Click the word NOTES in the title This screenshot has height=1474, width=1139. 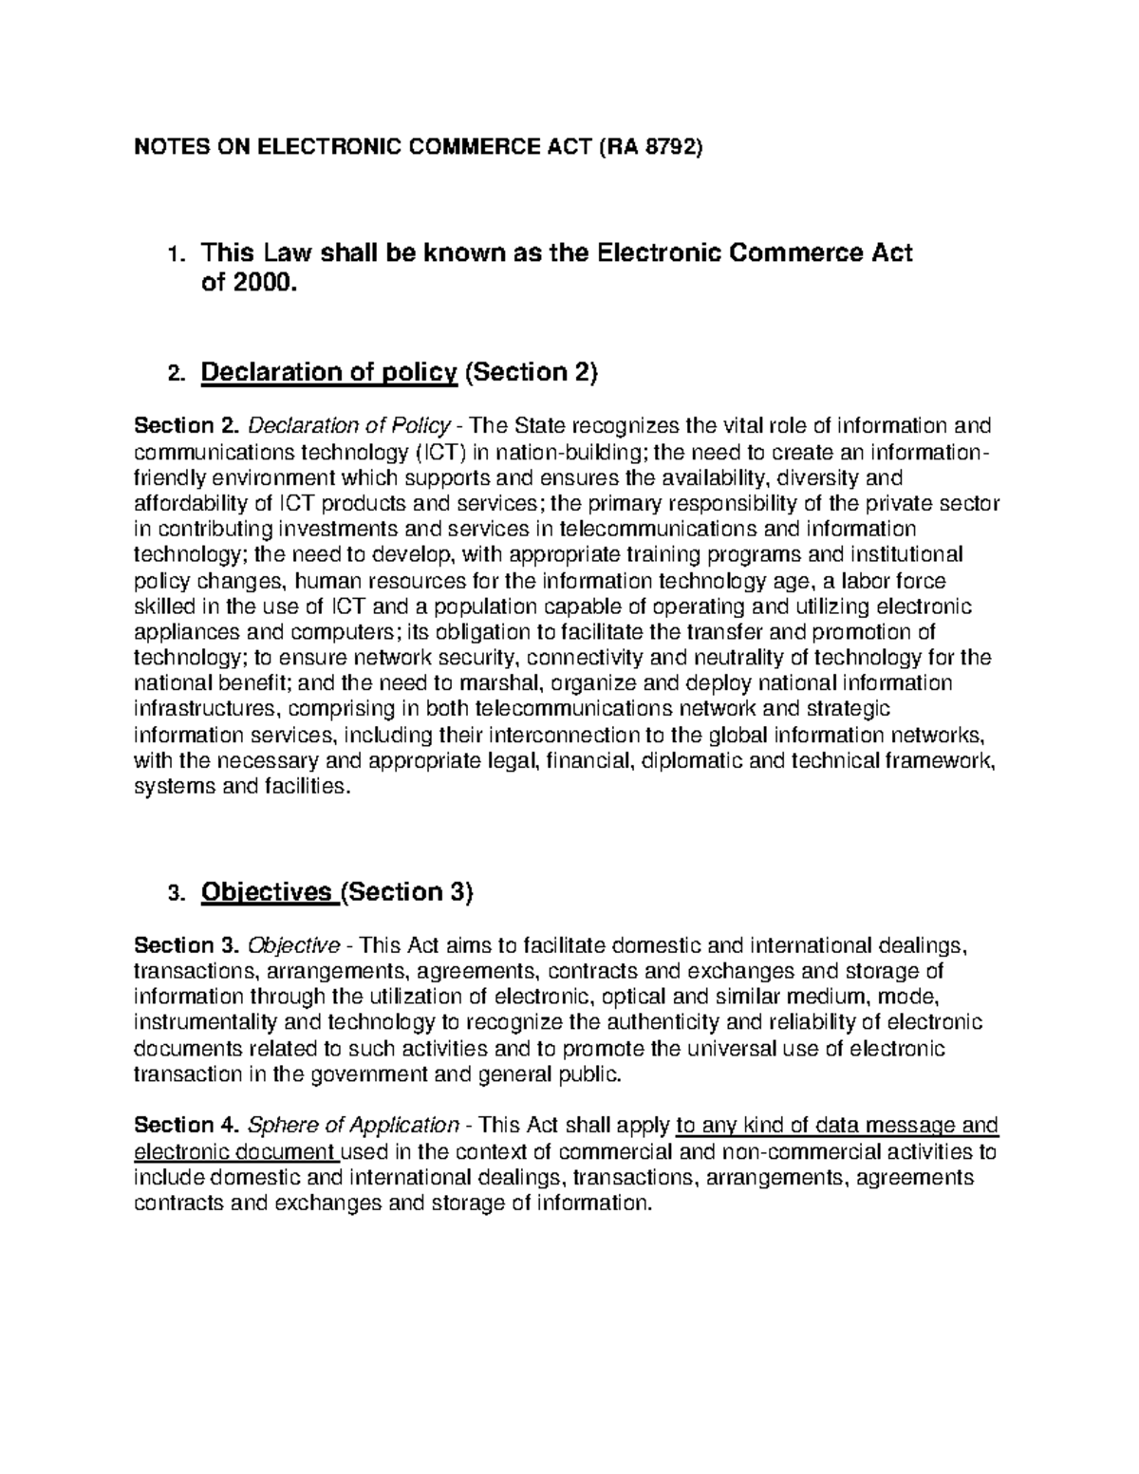click(x=163, y=147)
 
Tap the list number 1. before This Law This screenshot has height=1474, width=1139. click(x=171, y=255)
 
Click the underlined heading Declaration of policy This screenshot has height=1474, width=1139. click(x=328, y=373)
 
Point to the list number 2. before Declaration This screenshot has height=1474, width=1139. click(x=172, y=375)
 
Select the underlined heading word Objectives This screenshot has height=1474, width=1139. click(x=269, y=893)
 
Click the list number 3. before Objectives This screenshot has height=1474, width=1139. click(x=172, y=895)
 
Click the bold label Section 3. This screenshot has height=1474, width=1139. click(x=187, y=945)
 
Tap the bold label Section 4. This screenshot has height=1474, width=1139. click(x=187, y=1126)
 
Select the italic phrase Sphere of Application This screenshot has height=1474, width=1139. click(x=353, y=1126)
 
